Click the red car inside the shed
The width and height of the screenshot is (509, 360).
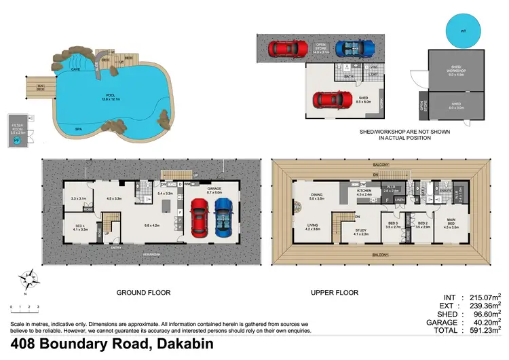(x=332, y=99)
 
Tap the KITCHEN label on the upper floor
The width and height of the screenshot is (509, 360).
(x=364, y=192)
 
